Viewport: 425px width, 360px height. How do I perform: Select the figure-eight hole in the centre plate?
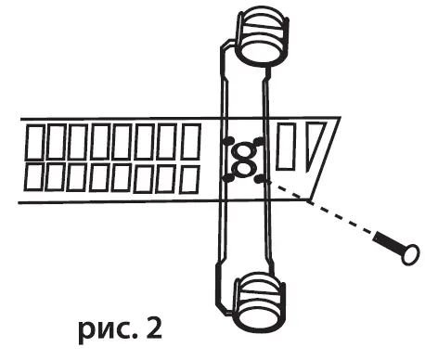point(245,160)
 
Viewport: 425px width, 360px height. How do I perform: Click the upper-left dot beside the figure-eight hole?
point(226,142)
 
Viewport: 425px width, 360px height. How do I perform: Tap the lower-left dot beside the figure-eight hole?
point(227,174)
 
